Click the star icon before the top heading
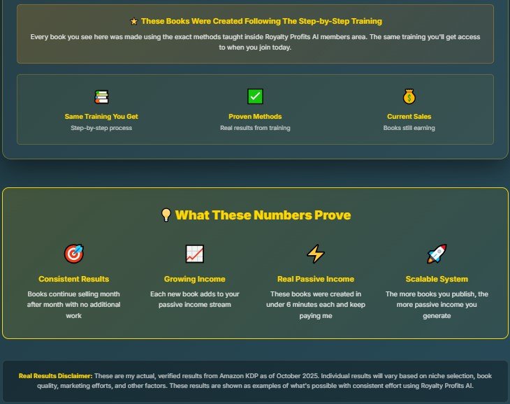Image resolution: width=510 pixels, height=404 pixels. pos(133,22)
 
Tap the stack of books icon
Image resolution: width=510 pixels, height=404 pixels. pos(101,96)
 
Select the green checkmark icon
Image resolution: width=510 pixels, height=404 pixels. pos(255,96)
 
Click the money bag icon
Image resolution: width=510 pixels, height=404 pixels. pos(409,96)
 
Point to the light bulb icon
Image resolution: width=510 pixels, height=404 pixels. pos(166,215)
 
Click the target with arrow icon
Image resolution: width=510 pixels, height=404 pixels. pos(74,254)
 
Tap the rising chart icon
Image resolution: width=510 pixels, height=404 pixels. pos(194,254)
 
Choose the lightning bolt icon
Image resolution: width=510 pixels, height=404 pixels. pos(316,254)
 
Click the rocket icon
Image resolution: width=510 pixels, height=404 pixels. pos(437,254)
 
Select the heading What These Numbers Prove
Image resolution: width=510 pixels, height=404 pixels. pos(263,215)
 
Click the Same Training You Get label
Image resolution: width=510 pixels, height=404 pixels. pos(101,117)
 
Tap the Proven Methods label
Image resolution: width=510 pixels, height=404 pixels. pos(255,117)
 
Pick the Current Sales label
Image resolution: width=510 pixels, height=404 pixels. pos(409,117)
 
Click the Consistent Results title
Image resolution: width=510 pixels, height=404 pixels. pos(74,279)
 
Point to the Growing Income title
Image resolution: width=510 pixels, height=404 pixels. pos(194,279)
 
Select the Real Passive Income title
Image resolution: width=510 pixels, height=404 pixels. pos(316,279)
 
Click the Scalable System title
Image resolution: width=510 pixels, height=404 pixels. pos(437,279)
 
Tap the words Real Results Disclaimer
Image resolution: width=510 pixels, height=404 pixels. pos(56,376)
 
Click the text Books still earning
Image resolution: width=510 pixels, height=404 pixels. pos(409,128)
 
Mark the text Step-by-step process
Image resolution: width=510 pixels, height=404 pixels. pos(101,128)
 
